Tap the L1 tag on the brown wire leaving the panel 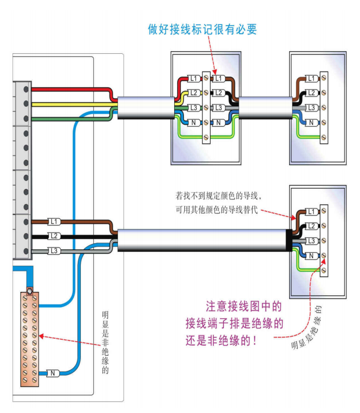54,222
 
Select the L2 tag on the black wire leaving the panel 54,236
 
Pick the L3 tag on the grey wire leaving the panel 54,250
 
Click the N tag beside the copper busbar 53,373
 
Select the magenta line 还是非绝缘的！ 221,340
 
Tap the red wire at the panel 70,89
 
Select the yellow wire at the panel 70,104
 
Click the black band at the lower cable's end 289,240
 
